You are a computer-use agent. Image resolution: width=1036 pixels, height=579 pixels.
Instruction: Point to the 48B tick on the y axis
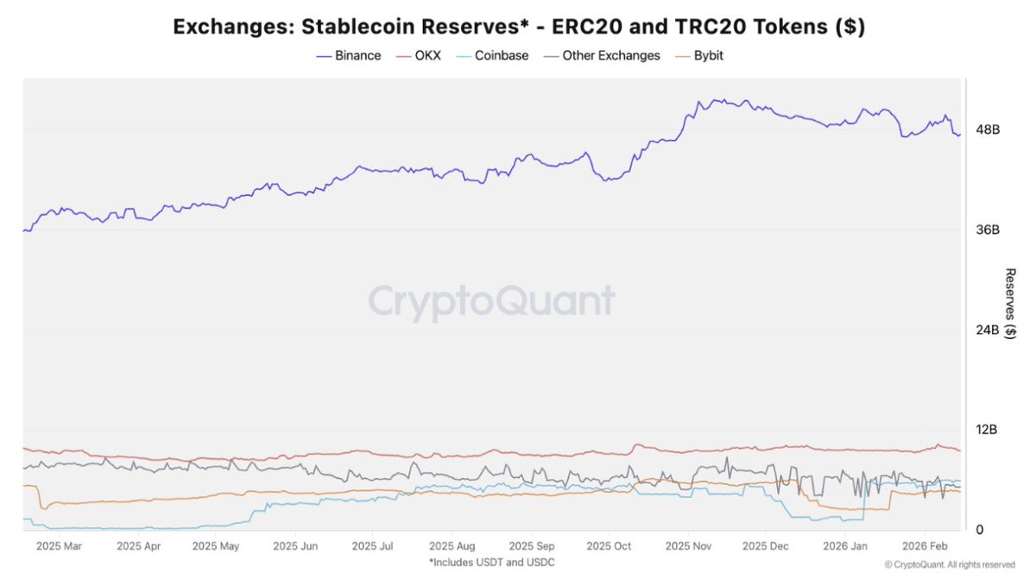(x=988, y=129)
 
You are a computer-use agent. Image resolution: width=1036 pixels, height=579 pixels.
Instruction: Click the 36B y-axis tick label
(x=988, y=230)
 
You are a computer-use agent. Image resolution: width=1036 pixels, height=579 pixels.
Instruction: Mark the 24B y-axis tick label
(x=988, y=330)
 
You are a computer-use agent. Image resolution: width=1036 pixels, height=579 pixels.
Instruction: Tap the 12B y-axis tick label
(x=988, y=430)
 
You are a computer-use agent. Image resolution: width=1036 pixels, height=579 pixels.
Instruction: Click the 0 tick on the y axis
(x=979, y=530)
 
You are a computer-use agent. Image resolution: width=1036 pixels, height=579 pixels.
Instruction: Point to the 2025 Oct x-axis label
(x=609, y=546)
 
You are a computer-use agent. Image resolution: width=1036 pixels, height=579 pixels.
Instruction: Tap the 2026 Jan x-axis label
(x=845, y=546)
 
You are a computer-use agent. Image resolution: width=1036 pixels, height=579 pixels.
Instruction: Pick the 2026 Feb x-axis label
(x=925, y=546)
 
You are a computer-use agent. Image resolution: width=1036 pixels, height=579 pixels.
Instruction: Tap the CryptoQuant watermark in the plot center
(x=492, y=302)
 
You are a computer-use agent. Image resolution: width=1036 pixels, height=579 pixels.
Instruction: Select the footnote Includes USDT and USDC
(x=491, y=563)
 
